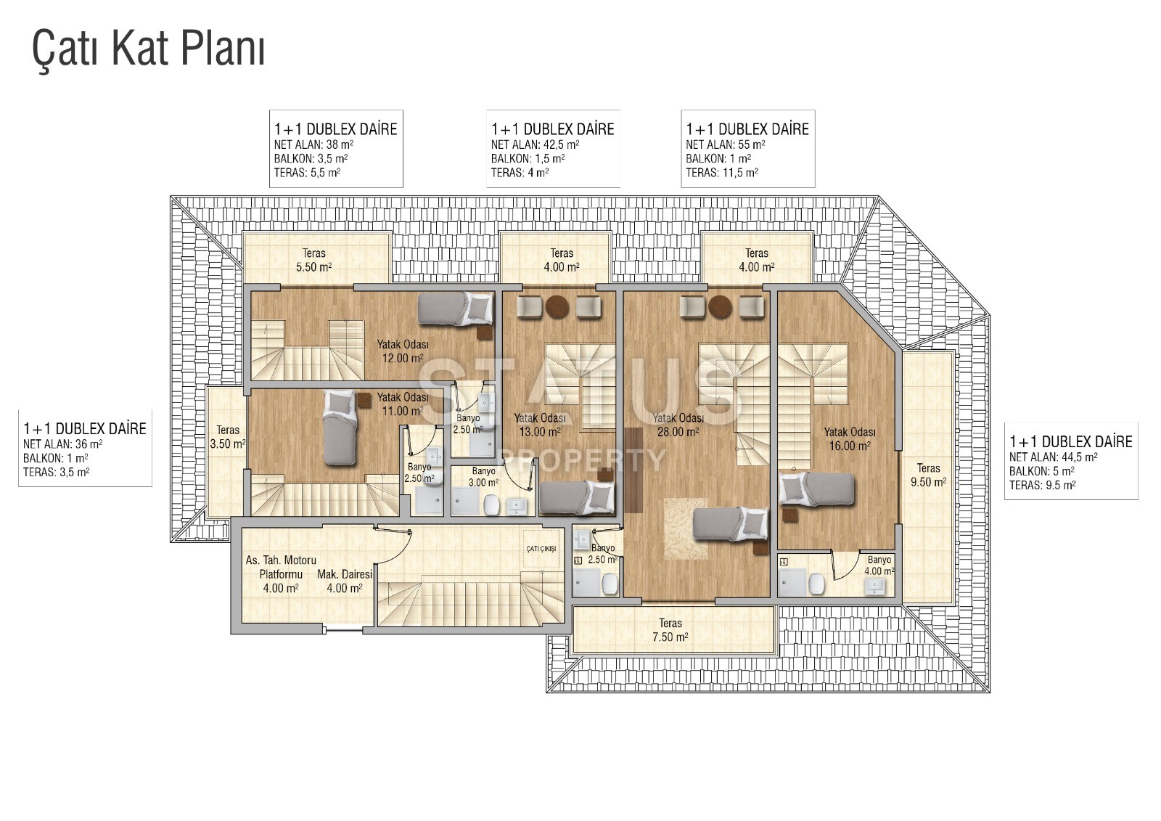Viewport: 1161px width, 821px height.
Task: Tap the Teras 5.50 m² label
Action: click(x=314, y=261)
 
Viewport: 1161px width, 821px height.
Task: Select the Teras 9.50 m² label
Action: click(x=928, y=475)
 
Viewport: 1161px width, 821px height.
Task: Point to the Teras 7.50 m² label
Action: click(x=670, y=630)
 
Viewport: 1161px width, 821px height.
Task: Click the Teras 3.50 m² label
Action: click(x=228, y=437)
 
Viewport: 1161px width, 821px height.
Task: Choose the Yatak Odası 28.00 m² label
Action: click(x=678, y=425)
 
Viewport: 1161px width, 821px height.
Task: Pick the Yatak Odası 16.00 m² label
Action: click(x=850, y=438)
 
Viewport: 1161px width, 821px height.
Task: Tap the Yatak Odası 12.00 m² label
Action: click(x=403, y=351)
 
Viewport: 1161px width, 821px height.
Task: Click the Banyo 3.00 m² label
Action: click(x=483, y=477)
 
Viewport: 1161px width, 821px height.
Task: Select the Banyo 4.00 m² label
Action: click(x=879, y=565)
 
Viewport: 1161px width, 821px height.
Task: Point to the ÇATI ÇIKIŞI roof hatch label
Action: click(x=541, y=549)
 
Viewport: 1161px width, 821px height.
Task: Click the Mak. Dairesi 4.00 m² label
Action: click(x=345, y=581)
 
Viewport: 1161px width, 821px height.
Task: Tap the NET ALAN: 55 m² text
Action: click(x=725, y=144)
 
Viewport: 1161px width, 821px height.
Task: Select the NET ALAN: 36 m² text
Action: click(x=62, y=444)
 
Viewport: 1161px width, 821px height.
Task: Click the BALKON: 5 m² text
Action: click(x=1042, y=471)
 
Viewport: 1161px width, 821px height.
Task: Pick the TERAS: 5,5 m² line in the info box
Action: click(x=307, y=173)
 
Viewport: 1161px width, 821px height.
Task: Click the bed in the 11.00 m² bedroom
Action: click(x=340, y=428)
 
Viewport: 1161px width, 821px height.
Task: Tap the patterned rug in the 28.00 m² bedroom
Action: click(x=685, y=528)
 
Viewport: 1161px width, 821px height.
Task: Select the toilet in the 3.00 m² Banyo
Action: click(x=491, y=505)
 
